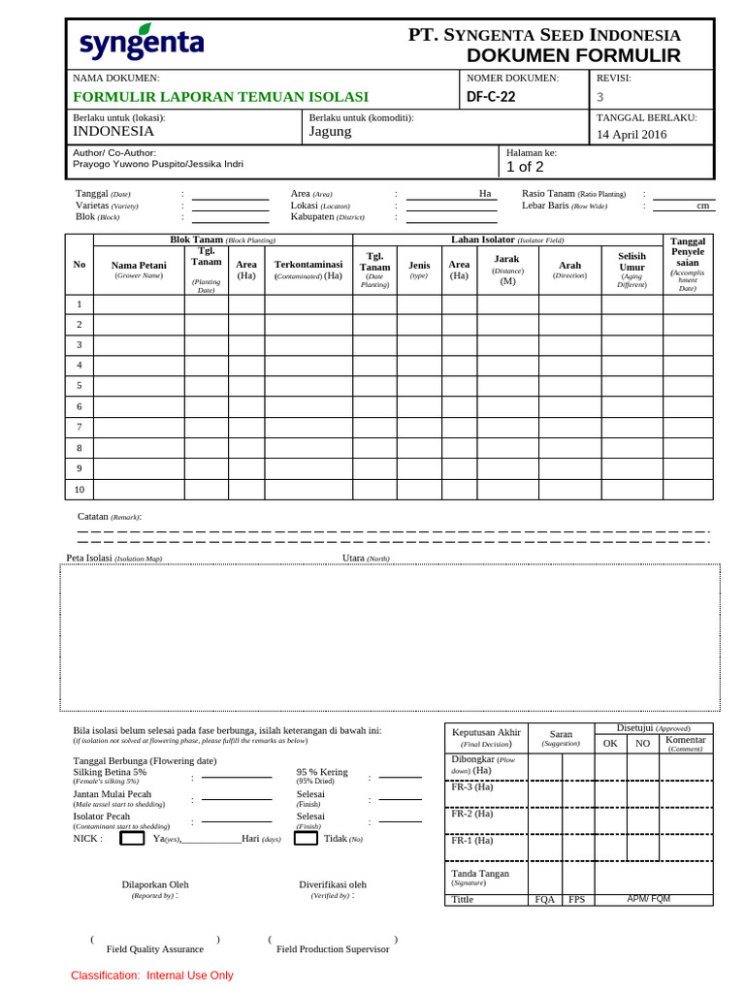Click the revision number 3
click(599, 96)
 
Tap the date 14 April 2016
click(632, 135)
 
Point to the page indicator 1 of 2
click(525, 167)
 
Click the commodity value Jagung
click(330, 132)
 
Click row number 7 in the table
click(80, 427)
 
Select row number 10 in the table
click(80, 489)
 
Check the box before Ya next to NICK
click(133, 838)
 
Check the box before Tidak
click(306, 838)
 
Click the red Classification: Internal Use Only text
click(152, 975)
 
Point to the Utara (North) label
click(366, 559)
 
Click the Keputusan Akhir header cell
click(487, 737)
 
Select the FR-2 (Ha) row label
click(472, 814)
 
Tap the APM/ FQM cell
click(648, 899)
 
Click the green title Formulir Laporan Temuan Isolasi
click(221, 96)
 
